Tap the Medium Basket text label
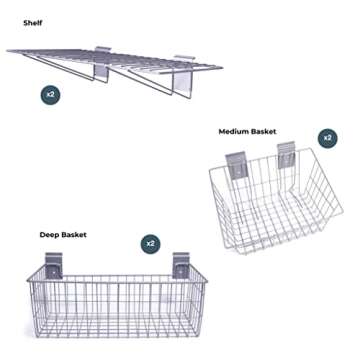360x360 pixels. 248,131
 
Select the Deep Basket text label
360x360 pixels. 63,234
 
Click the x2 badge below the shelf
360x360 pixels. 50,94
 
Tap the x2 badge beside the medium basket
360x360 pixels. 326,136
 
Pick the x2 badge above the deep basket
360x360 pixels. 150,243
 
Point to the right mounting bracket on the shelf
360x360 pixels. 186,76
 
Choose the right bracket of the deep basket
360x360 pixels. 180,267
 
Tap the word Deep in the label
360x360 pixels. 50,234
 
